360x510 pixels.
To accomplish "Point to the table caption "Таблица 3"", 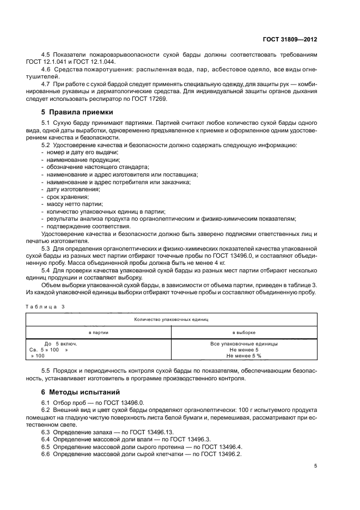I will [x=45, y=306].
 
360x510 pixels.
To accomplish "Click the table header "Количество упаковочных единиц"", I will [x=171, y=319].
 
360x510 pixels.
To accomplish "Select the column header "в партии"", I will [x=99, y=332].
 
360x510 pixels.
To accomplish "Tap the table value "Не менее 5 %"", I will [x=243, y=355].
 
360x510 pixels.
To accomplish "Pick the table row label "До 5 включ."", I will [x=60, y=344].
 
